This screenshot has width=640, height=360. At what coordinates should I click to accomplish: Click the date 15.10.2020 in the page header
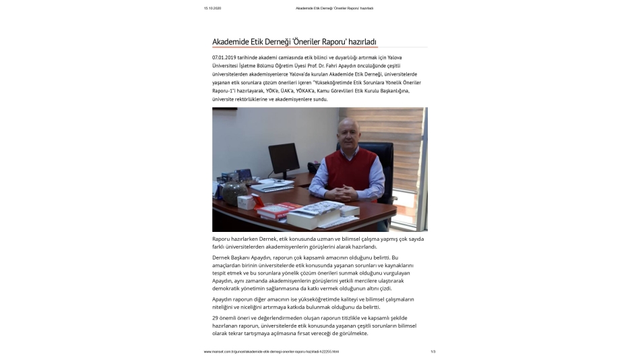pos(212,8)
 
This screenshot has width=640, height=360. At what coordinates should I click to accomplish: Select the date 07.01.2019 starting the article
pos(226,59)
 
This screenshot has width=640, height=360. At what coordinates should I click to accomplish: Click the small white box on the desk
pos(247,201)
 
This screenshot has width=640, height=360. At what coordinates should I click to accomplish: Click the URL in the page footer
pos(271,351)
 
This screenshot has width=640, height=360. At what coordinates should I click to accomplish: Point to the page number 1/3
pos(433,351)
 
